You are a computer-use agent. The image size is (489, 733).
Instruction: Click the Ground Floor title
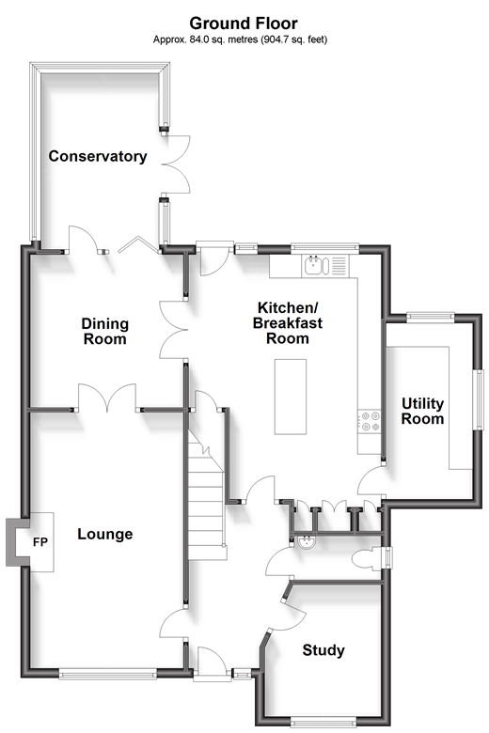tap(244, 23)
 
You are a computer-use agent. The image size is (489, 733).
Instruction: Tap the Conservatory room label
tap(98, 156)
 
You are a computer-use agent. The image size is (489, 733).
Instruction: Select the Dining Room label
tap(104, 331)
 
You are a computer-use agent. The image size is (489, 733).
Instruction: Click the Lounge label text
tap(104, 534)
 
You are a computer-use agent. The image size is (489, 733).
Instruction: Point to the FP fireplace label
tap(40, 542)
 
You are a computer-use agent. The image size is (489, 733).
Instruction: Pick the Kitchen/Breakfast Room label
tap(288, 322)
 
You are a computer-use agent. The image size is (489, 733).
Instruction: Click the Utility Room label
tap(422, 411)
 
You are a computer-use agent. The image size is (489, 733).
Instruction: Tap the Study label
tap(323, 649)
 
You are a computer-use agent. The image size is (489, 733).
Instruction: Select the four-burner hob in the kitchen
tap(370, 421)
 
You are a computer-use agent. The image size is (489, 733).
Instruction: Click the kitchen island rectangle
tap(291, 397)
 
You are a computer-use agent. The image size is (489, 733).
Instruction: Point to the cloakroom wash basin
tap(307, 541)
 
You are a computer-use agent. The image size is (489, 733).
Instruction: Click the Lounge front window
tap(107, 674)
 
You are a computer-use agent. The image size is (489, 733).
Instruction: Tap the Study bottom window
tap(323, 723)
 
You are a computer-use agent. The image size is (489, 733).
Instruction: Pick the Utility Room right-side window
tap(480, 399)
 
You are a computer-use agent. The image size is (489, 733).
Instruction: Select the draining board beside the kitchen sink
tap(339, 266)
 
